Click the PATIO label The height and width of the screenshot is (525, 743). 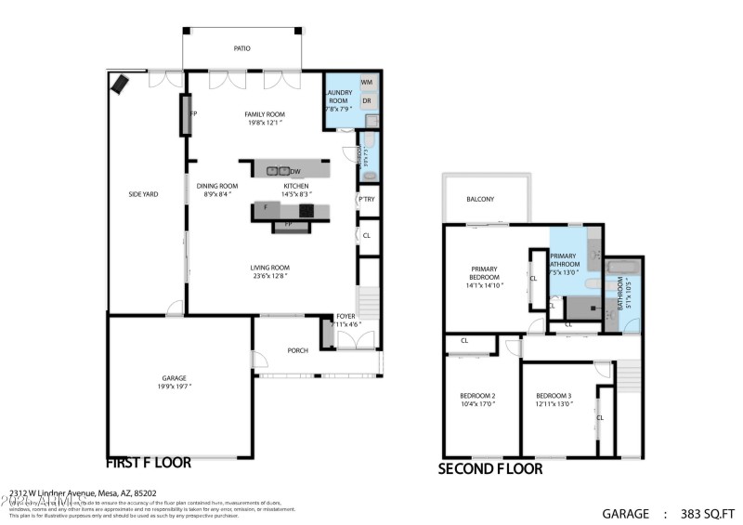point(241,48)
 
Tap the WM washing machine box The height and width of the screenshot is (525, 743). point(367,83)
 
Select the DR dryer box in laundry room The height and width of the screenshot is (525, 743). point(367,100)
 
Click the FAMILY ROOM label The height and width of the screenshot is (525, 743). point(265,114)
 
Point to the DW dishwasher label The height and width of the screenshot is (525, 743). point(295,172)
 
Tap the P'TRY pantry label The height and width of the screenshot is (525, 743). point(367,200)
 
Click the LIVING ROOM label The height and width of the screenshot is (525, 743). point(270,268)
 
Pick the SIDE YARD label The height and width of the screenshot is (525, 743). point(144,194)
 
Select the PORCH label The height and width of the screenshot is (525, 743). point(297,350)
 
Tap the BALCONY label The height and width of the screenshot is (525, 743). point(480,199)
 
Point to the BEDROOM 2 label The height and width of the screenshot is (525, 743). point(477,397)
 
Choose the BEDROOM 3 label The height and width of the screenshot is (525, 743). point(554,397)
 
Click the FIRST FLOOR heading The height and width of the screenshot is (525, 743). point(149,462)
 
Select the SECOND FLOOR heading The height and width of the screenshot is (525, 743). point(489,469)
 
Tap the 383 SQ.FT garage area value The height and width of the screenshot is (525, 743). point(707,512)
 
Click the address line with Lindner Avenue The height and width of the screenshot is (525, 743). point(83,493)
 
